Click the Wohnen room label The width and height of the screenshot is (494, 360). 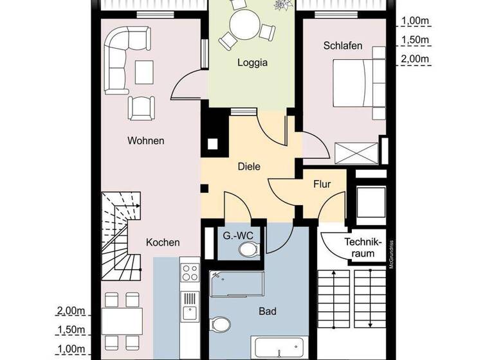click(x=145, y=141)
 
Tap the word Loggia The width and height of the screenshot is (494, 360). click(x=252, y=63)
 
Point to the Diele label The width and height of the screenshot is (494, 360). click(x=248, y=166)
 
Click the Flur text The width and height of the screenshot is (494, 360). click(x=322, y=184)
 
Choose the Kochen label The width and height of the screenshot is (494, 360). click(x=163, y=242)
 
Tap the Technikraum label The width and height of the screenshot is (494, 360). click(x=363, y=248)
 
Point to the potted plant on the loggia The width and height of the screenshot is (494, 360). click(x=281, y=6)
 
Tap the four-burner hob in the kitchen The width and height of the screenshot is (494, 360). click(x=189, y=273)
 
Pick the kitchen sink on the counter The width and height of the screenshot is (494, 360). click(x=189, y=313)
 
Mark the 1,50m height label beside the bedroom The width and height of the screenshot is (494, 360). click(x=415, y=40)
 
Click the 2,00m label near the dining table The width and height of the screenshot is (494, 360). click(x=71, y=311)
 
